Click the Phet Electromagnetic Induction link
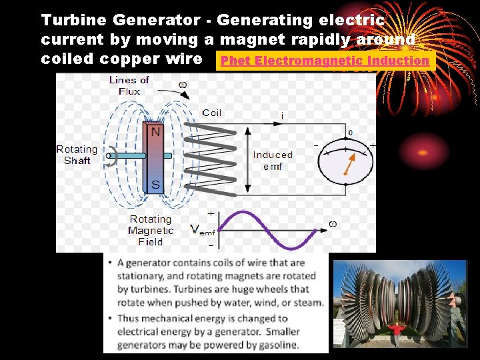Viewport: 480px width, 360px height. pyautogui.click(x=325, y=61)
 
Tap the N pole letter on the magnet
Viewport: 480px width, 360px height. pyautogui.click(x=155, y=131)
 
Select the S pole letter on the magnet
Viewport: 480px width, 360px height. pyautogui.click(x=155, y=185)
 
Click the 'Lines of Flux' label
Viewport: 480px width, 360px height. pyautogui.click(x=129, y=86)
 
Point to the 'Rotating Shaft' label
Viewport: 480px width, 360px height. pyautogui.click(x=77, y=155)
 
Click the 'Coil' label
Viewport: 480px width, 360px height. pyautogui.click(x=212, y=113)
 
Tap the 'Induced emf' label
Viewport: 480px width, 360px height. pyautogui.click(x=273, y=160)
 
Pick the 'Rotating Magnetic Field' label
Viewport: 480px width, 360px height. pyautogui.click(x=151, y=230)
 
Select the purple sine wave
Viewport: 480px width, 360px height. pyautogui.click(x=269, y=229)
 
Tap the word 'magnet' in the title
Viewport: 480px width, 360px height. pyautogui.click(x=250, y=39)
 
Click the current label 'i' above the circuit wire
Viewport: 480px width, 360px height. pyautogui.click(x=282, y=116)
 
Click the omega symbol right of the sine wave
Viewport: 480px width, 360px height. pyautogui.click(x=331, y=223)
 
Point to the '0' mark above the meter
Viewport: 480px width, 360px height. pyautogui.click(x=350, y=133)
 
